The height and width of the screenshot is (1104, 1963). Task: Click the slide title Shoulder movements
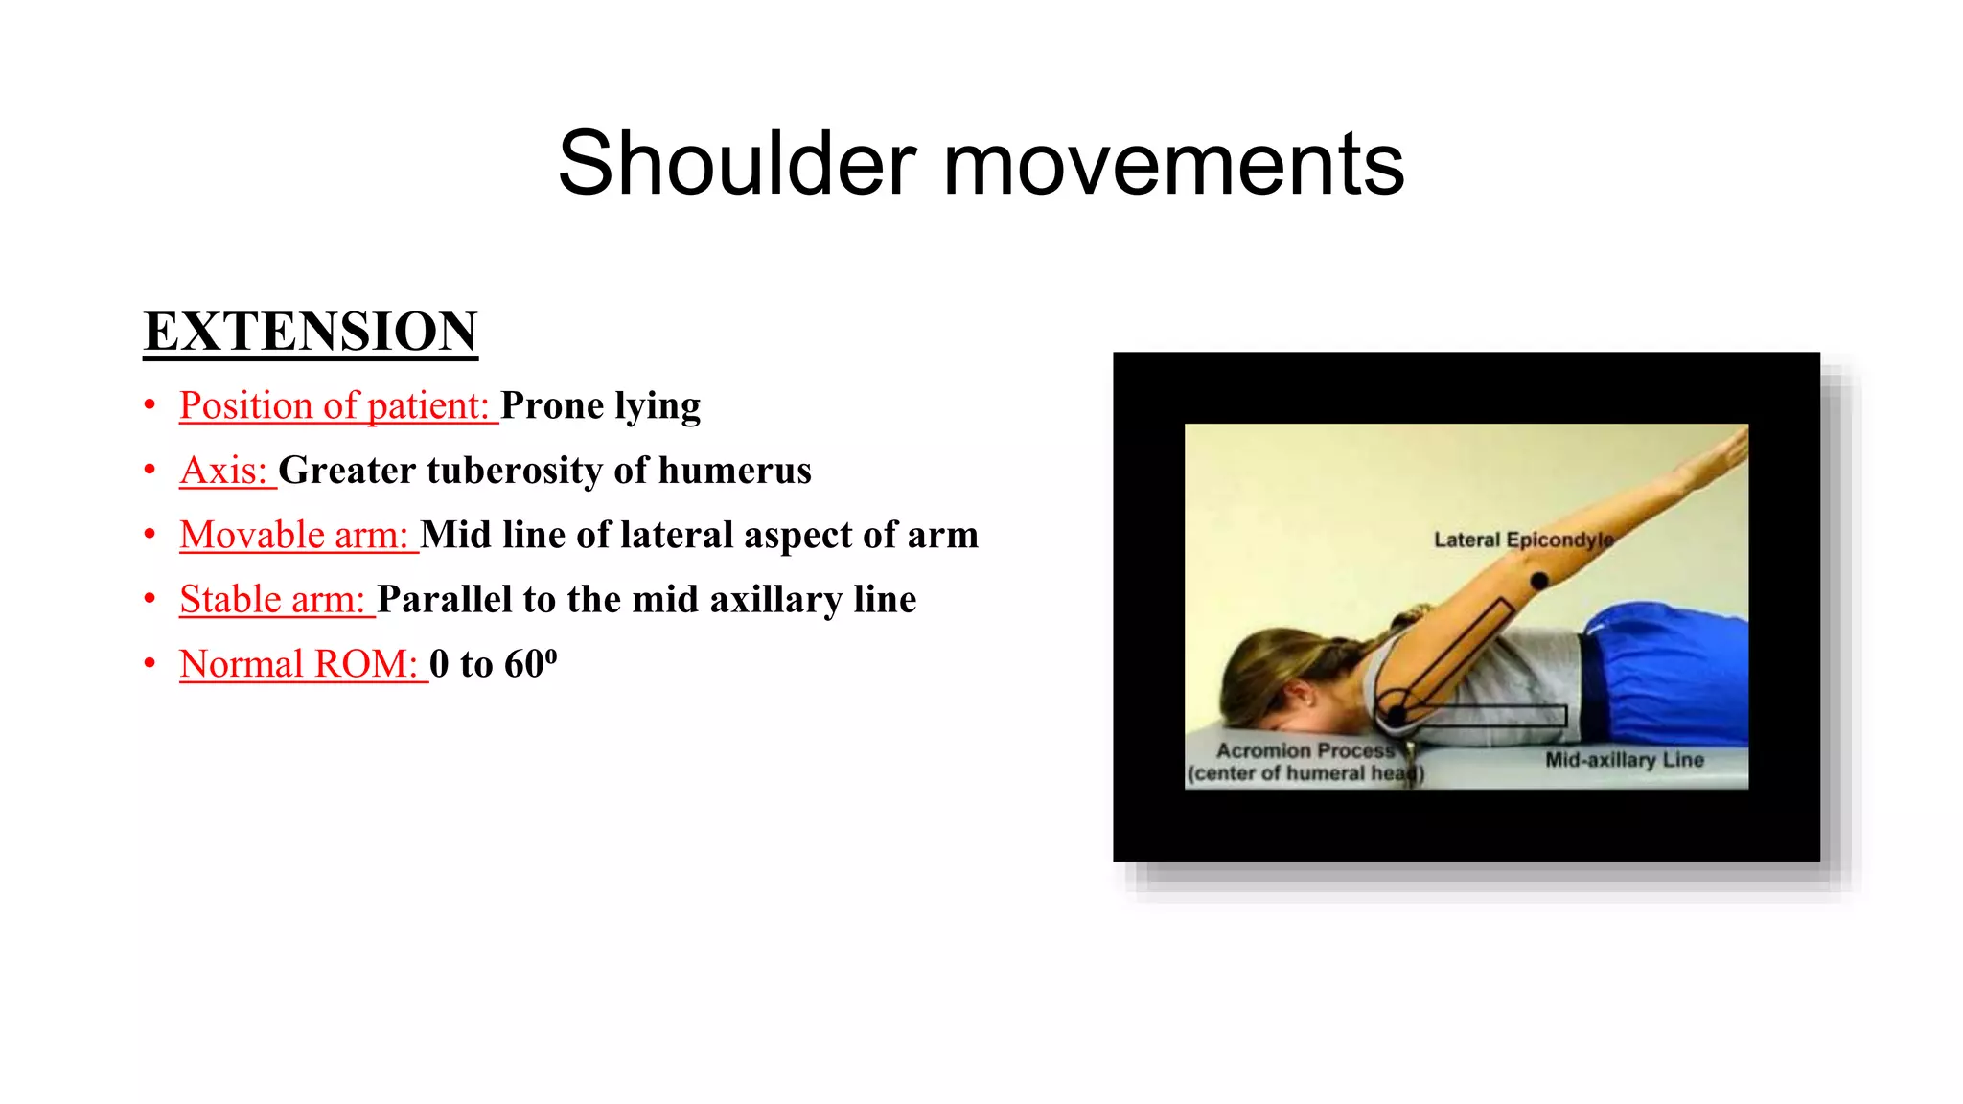coord(981,164)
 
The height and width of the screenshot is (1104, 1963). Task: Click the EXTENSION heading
coord(311,332)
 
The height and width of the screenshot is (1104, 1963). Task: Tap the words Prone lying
coord(600,405)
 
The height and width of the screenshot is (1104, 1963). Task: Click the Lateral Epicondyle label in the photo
coord(1523,540)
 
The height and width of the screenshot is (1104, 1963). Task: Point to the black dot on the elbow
coord(1539,581)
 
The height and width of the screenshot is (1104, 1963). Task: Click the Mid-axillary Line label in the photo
coord(1624,760)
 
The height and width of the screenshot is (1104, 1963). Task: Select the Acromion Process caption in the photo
coord(1305,750)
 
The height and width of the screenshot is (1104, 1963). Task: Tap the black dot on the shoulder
coord(1396,715)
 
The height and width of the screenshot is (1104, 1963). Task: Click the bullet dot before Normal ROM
coord(150,663)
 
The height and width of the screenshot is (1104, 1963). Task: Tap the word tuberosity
coord(514,471)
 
